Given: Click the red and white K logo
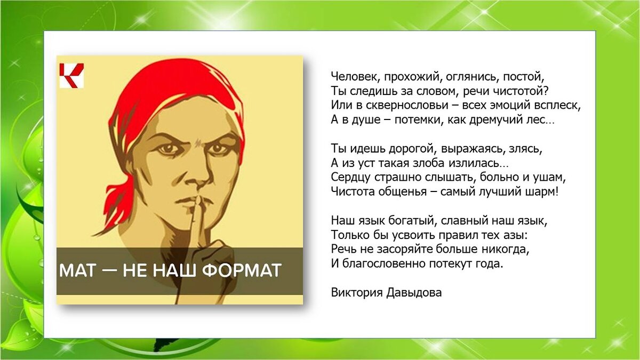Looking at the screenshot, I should pos(71,75).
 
